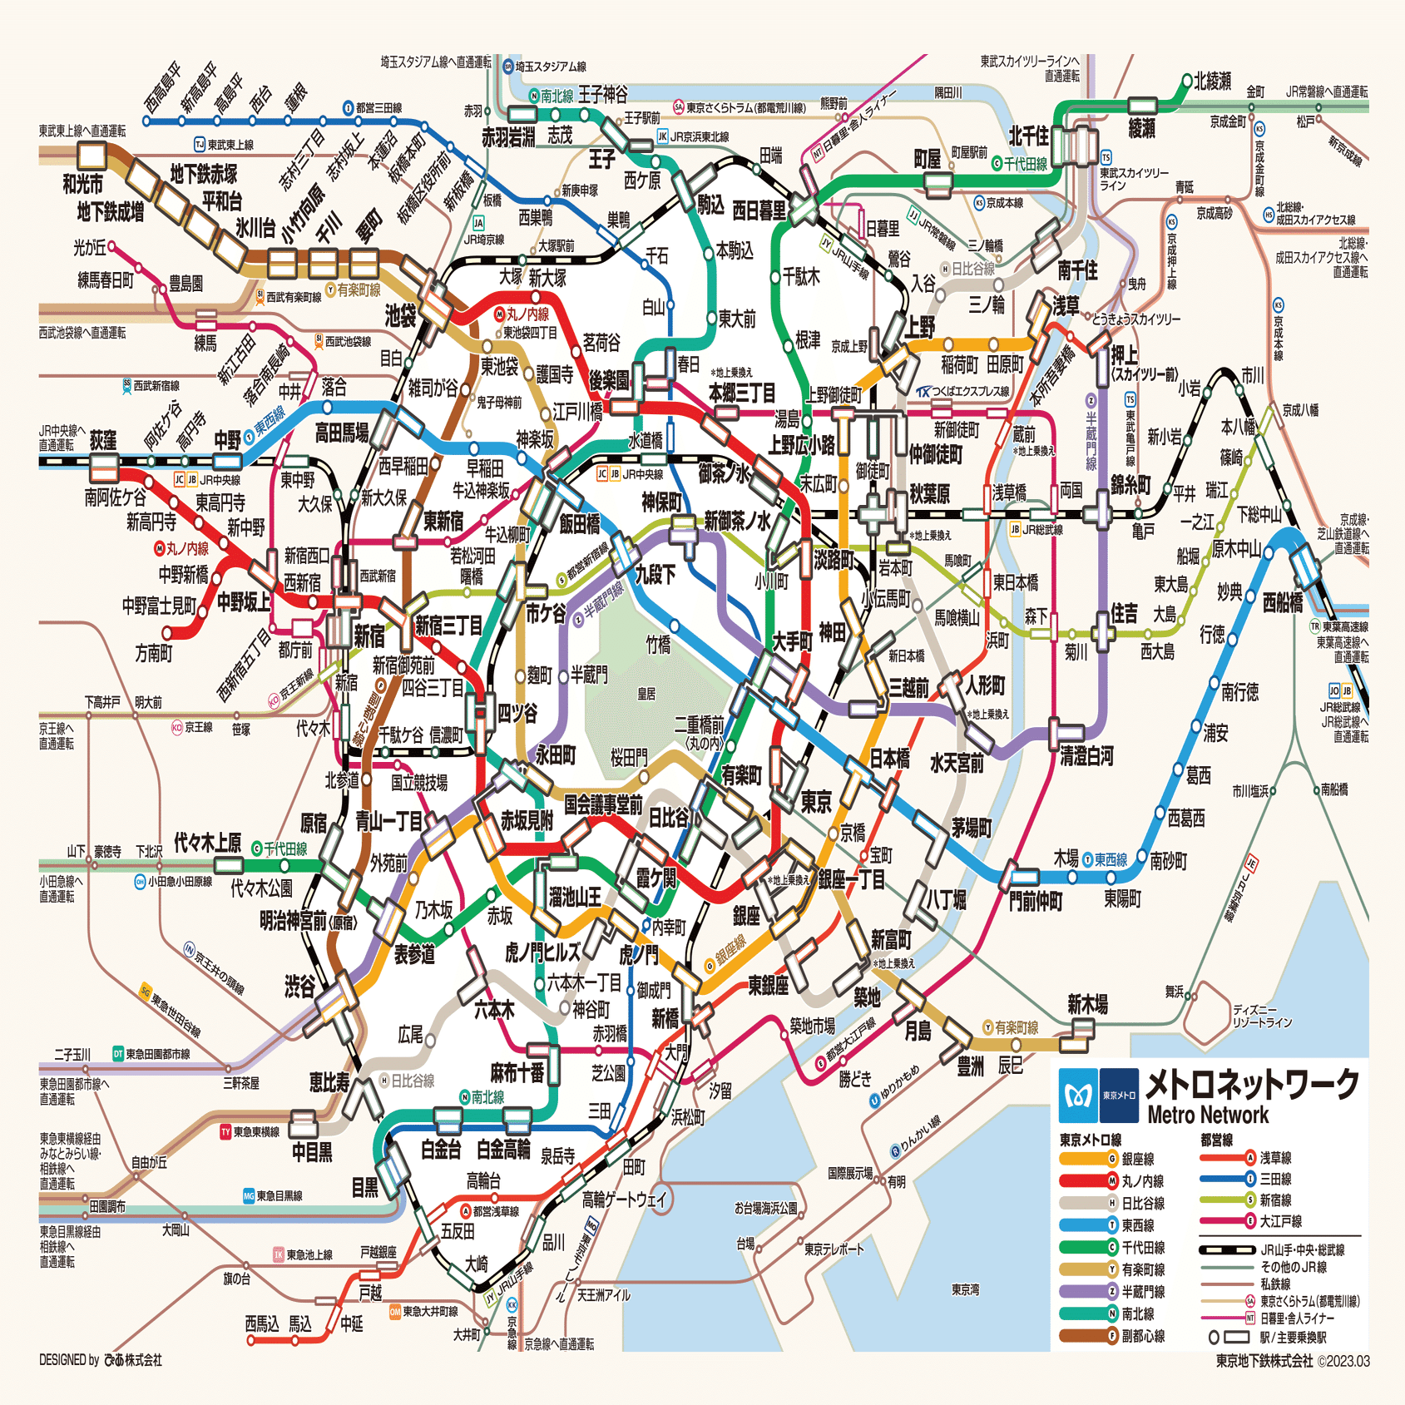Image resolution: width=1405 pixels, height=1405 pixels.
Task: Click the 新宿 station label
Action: click(369, 636)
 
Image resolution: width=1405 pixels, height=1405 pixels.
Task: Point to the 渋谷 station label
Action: click(300, 987)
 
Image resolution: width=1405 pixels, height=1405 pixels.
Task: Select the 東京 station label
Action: click(816, 802)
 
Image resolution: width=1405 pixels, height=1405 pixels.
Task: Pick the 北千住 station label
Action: click(1028, 136)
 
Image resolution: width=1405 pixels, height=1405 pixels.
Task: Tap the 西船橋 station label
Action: click(1282, 603)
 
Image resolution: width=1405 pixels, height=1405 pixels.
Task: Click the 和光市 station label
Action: click(83, 184)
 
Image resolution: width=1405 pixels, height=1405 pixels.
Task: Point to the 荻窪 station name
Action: click(103, 440)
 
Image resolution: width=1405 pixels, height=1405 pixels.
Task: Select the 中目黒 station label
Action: click(312, 1152)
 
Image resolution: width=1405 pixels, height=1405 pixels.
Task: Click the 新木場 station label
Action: click(1087, 1004)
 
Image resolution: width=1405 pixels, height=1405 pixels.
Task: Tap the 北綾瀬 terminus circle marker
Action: click(1187, 81)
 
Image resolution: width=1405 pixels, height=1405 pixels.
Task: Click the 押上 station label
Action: click(1125, 356)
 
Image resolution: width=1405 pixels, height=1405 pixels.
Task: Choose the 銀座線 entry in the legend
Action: click(1137, 1159)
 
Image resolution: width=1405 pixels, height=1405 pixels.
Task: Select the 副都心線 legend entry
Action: click(1143, 1336)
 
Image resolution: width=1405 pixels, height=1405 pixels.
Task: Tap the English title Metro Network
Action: click(1208, 1115)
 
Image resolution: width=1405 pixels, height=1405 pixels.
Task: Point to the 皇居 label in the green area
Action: click(646, 694)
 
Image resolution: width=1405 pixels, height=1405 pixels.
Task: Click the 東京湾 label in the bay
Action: click(965, 1289)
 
